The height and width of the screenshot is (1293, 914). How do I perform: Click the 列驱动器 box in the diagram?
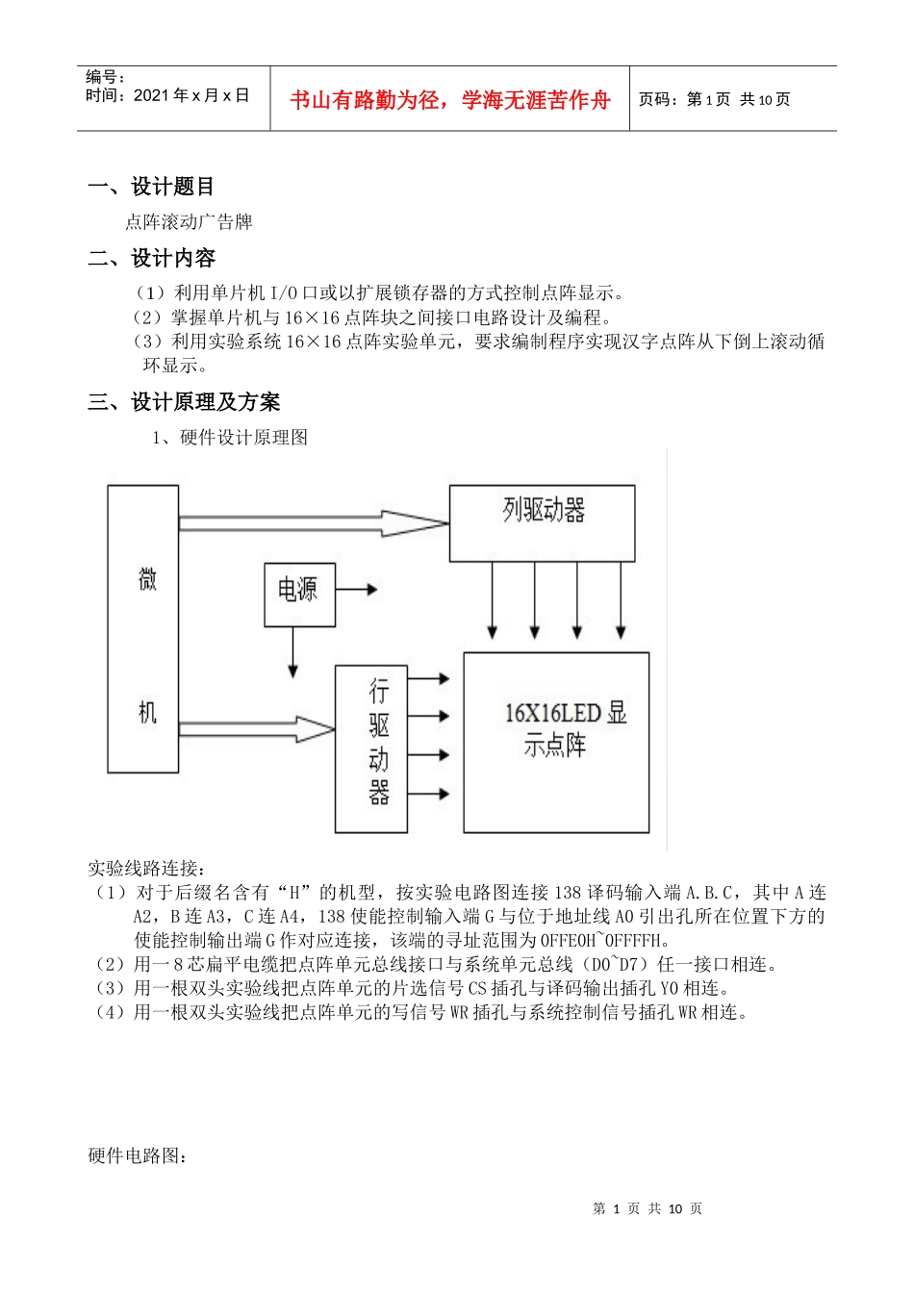pos(542,522)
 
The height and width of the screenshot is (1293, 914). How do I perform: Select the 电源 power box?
pos(299,594)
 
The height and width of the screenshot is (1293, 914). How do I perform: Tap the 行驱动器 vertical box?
pos(370,748)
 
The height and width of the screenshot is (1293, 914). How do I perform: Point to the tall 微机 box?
pos(143,628)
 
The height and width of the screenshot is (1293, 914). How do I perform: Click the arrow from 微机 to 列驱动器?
pos(313,523)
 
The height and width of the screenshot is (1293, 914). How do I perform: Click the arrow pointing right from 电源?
pos(356,589)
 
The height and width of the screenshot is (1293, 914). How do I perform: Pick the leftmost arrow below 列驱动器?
pos(493,600)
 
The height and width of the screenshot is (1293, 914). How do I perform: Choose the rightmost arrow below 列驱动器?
pos(621,600)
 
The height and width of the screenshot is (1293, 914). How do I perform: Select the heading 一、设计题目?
pos(151,187)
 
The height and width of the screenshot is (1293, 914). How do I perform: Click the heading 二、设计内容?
pos(151,258)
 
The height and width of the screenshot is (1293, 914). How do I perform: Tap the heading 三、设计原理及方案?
pos(184,402)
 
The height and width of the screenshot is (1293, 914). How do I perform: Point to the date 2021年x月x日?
pos(191,95)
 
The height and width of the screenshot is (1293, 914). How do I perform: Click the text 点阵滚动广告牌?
pos(189,222)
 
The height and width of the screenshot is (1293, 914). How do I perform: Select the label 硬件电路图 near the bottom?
pos(138,1155)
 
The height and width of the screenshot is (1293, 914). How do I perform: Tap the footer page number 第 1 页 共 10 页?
pos(647,1208)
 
